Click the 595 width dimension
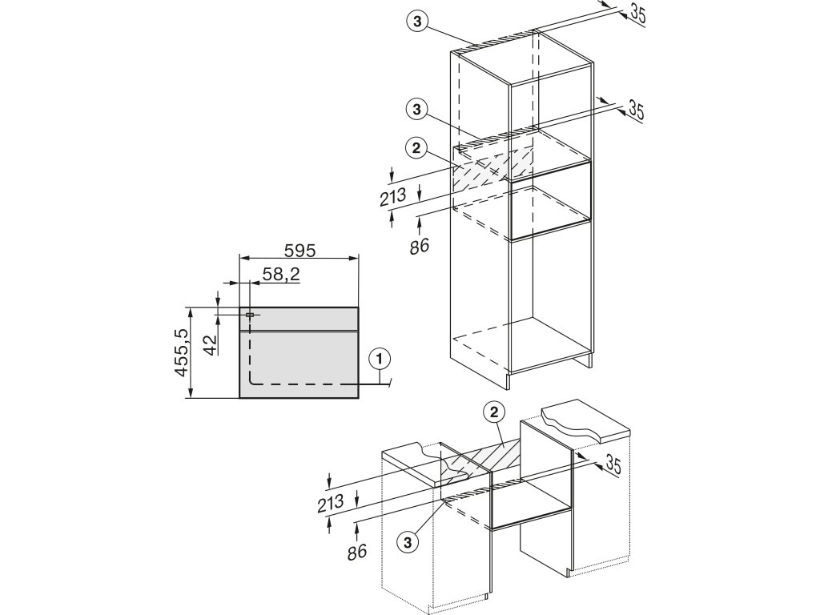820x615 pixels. (x=299, y=251)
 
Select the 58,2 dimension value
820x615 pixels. (x=280, y=274)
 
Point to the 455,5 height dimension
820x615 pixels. (x=183, y=353)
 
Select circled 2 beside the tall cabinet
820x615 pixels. (x=415, y=147)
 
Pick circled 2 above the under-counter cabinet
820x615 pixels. (x=494, y=412)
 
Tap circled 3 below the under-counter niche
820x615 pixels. (x=408, y=541)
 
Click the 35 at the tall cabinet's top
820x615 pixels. (x=635, y=14)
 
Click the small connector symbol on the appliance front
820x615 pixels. (x=251, y=316)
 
